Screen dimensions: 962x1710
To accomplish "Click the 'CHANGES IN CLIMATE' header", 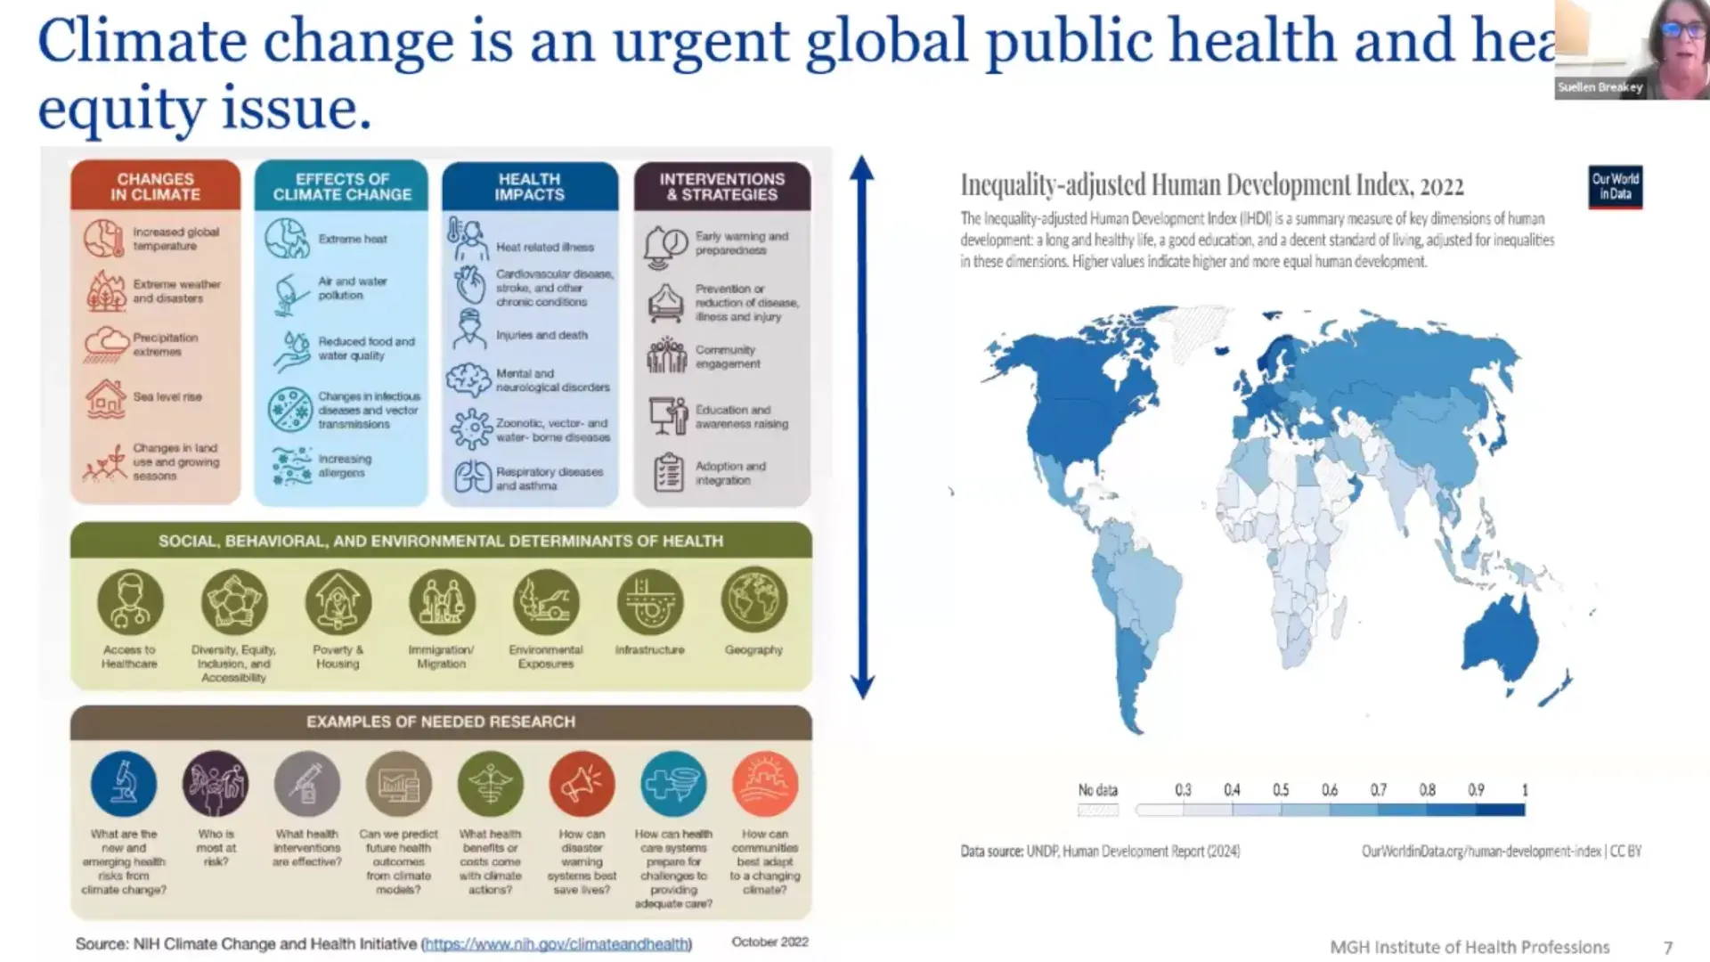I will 155,186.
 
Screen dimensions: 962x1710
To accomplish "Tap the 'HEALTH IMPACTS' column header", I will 529,186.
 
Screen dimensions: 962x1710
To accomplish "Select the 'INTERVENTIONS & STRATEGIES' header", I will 721,186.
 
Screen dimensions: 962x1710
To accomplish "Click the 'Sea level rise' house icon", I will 105,397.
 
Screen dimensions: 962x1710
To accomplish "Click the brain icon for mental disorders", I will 468,380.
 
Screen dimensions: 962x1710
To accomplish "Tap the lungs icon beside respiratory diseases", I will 472,477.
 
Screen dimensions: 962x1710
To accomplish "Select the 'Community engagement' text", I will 727,356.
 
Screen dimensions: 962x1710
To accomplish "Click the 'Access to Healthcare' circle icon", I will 130,602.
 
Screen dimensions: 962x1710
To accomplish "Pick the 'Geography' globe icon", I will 753,602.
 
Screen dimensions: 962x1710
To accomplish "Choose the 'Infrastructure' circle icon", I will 650,602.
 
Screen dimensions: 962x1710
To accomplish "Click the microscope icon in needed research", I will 124,784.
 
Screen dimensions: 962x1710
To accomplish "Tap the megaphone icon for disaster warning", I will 582,784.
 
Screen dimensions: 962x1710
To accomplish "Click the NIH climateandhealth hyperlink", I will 557,943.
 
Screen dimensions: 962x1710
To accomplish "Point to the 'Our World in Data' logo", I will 1615,186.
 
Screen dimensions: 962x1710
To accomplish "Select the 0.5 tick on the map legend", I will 1281,790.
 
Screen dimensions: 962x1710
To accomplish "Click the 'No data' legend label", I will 1097,790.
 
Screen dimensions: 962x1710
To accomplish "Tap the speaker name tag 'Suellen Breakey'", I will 1600,87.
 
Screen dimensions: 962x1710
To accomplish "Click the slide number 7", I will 1668,948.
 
